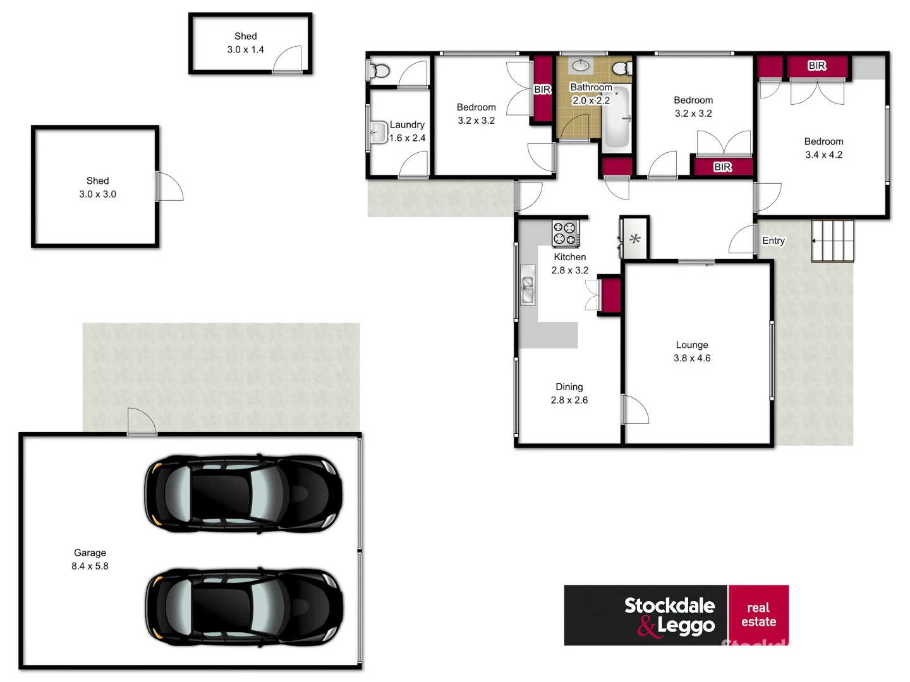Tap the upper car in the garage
click(x=244, y=494)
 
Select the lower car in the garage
click(x=244, y=607)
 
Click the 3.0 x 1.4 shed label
click(x=246, y=43)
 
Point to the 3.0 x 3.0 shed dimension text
click(x=97, y=194)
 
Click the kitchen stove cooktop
click(x=565, y=233)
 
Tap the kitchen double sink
click(x=527, y=285)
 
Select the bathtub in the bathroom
click(x=616, y=118)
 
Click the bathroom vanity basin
click(x=580, y=65)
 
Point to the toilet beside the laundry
click(x=379, y=71)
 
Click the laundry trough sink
click(x=378, y=133)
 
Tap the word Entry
click(x=773, y=241)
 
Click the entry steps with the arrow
click(x=833, y=241)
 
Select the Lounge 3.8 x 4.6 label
click(x=692, y=352)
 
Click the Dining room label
click(x=569, y=387)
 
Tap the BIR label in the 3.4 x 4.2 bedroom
click(x=816, y=66)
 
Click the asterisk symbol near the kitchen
click(x=635, y=239)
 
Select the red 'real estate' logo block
click(x=758, y=615)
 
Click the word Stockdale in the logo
click(x=669, y=605)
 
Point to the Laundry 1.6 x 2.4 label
click(x=407, y=131)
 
